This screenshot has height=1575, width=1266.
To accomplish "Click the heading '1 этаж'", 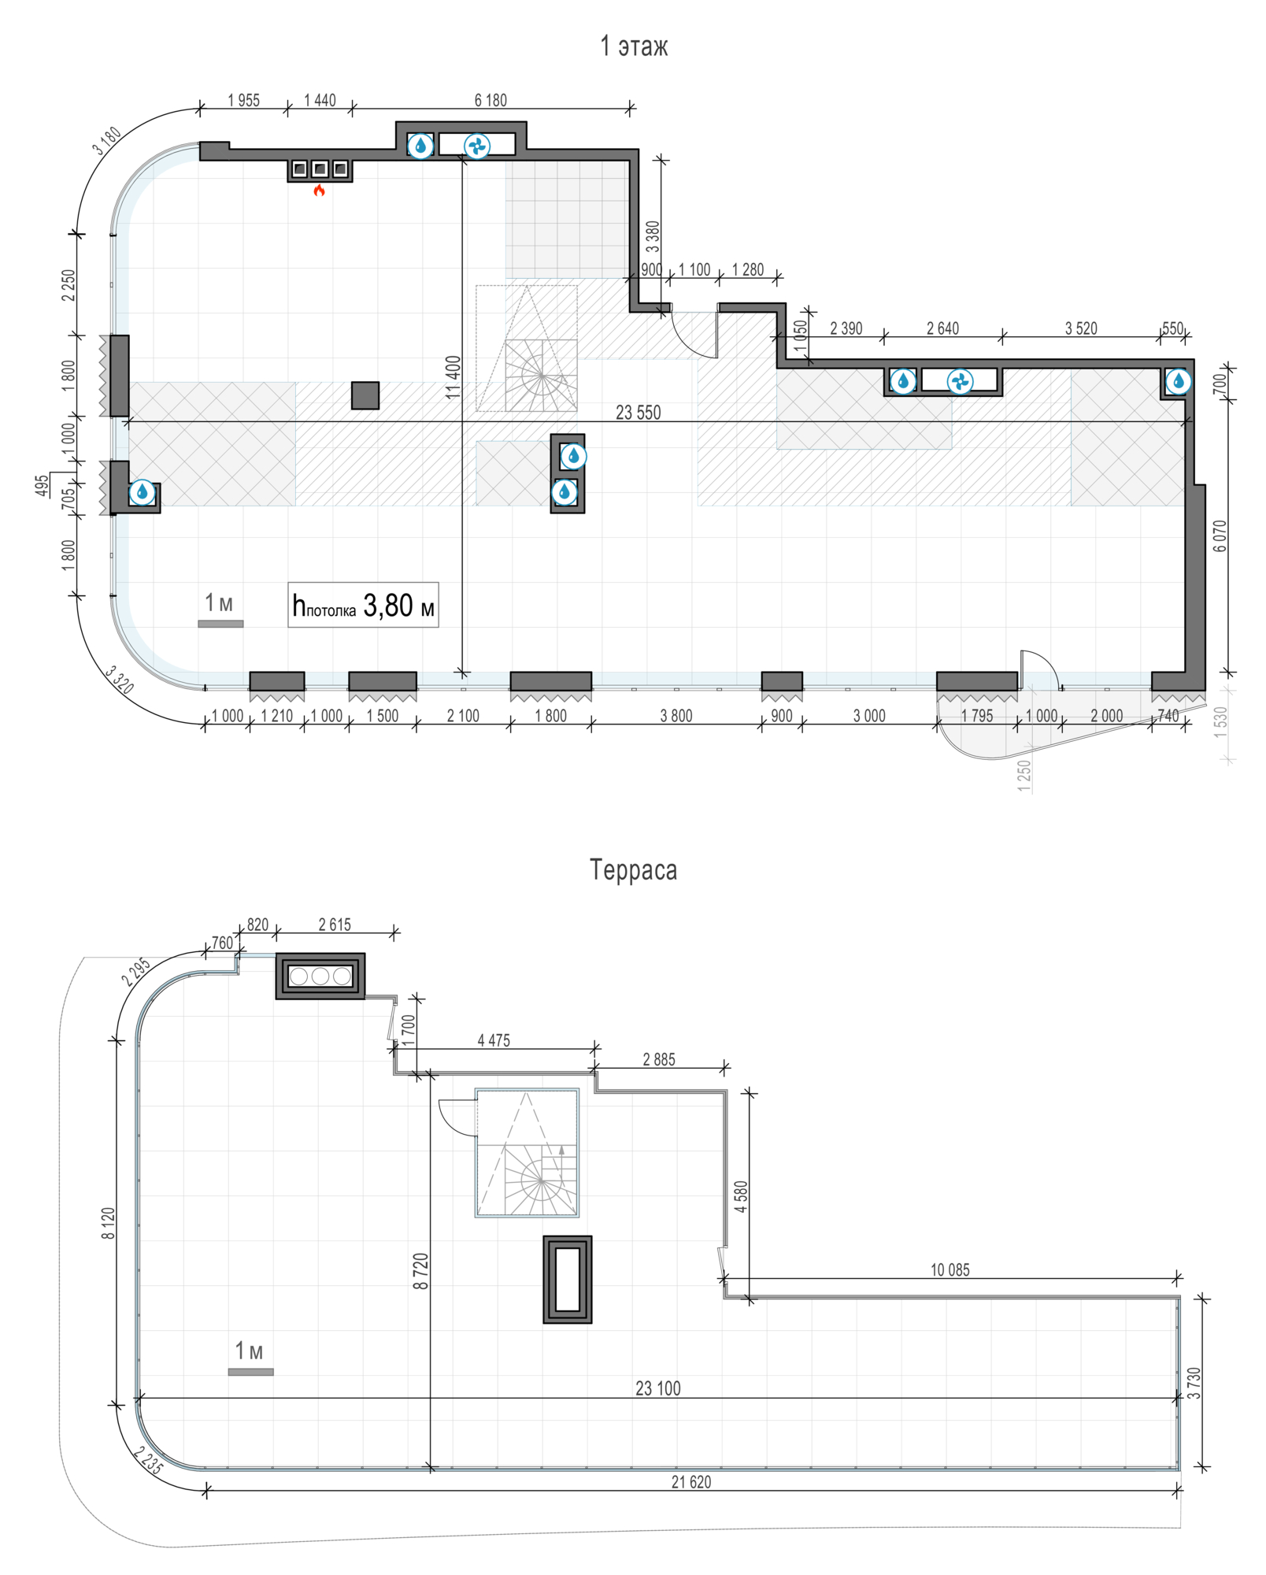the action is pyautogui.click(x=634, y=46).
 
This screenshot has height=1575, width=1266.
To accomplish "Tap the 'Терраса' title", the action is pyautogui.click(x=633, y=870).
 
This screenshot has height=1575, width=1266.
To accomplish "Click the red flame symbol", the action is pyautogui.click(x=319, y=190).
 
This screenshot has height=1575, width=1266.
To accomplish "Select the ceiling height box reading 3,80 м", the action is pyautogui.click(x=363, y=605).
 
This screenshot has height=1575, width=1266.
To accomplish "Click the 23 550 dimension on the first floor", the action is pyautogui.click(x=639, y=413).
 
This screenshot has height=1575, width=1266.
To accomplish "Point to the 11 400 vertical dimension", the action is pyautogui.click(x=453, y=377).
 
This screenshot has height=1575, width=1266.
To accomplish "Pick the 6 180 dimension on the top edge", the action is pyautogui.click(x=490, y=101).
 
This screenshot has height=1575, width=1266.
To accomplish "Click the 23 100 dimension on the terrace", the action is pyautogui.click(x=658, y=1388).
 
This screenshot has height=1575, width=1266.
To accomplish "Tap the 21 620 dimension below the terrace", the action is pyautogui.click(x=691, y=1482).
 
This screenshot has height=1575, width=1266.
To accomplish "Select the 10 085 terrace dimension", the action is pyautogui.click(x=950, y=1270).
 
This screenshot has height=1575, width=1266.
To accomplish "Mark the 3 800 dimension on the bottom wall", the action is pyautogui.click(x=676, y=716).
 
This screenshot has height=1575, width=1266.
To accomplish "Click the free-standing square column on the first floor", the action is pyautogui.click(x=365, y=395).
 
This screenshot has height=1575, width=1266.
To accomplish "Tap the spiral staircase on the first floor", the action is pyautogui.click(x=541, y=375).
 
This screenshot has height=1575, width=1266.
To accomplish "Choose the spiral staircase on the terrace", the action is pyautogui.click(x=527, y=1153).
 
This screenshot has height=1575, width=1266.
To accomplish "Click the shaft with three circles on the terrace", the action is pyautogui.click(x=320, y=976).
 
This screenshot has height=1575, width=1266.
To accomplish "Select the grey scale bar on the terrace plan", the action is pyautogui.click(x=251, y=1372).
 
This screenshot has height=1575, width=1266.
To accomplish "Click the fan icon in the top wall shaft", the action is pyautogui.click(x=477, y=146).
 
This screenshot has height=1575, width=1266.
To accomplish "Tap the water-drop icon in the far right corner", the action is pyautogui.click(x=1178, y=382).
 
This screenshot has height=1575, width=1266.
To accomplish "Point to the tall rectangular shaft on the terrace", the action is pyautogui.click(x=568, y=1279).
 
